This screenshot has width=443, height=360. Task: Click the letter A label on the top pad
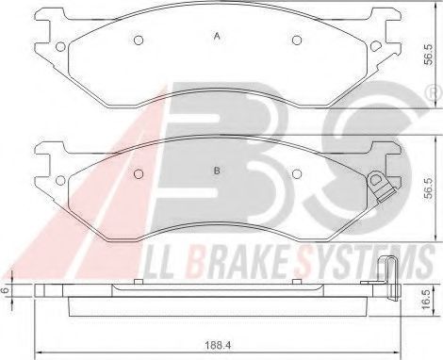click(x=217, y=37)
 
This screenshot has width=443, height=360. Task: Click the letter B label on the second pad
click(x=217, y=171)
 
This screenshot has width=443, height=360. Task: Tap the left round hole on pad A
click(x=138, y=41)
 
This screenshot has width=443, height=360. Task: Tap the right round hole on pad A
click(x=297, y=41)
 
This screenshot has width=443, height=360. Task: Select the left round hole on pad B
click(x=138, y=175)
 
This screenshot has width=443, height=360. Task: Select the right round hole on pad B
click(x=297, y=175)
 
